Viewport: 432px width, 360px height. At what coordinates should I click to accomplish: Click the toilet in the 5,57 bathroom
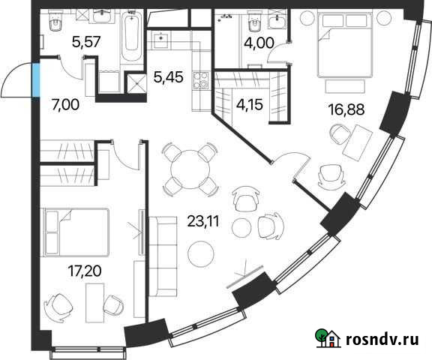[x=53, y=25]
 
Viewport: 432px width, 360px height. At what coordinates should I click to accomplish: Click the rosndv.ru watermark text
[x=380, y=339]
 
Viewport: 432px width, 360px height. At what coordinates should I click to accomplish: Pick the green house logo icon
[x=327, y=337]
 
